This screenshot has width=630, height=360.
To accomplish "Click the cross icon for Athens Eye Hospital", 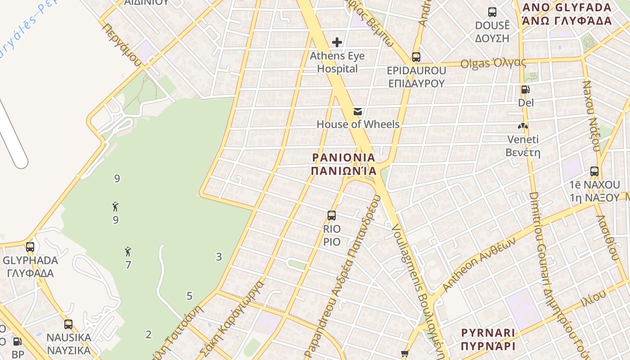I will [337, 42].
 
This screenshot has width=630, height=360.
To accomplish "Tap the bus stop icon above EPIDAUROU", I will [416, 57].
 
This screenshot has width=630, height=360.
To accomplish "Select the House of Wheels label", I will [358, 124].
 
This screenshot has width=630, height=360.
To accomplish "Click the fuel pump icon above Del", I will [525, 90].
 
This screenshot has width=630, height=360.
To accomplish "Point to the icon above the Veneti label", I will [523, 126].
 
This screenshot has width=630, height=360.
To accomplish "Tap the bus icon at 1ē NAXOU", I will [594, 171].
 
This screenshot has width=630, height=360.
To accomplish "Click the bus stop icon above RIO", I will [332, 216].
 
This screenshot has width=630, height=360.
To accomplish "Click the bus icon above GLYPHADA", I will [30, 247].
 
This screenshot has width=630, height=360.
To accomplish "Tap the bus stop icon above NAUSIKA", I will [68, 324].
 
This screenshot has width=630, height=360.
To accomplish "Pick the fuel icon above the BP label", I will [17, 342].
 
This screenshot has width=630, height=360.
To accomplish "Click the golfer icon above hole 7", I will [128, 252].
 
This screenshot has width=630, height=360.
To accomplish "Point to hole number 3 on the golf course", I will [219, 257].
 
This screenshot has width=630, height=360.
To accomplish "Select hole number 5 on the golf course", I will [189, 296].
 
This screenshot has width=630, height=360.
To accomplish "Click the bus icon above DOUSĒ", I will [492, 12].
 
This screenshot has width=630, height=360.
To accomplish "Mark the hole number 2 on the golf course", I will [148, 334].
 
